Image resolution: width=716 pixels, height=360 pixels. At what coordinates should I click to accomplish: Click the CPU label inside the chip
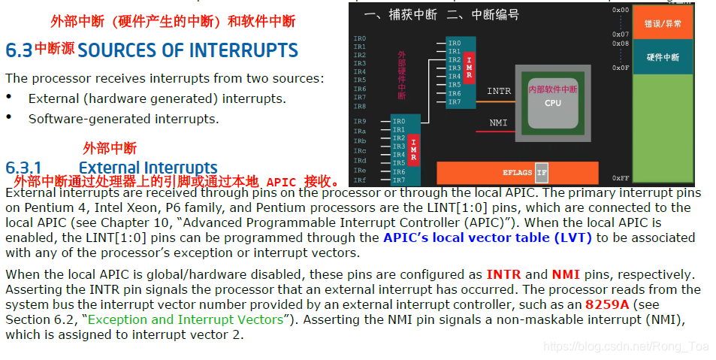(552, 103)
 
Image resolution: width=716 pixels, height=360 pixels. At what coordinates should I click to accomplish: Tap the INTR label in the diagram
(499, 91)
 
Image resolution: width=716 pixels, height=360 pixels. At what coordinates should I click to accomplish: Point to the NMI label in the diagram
(498, 123)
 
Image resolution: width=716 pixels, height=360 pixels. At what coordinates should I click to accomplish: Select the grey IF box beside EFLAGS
(542, 173)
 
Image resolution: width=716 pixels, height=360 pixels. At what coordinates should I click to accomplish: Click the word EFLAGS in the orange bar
(517, 173)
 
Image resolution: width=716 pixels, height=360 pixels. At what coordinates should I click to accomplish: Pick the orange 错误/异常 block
(663, 24)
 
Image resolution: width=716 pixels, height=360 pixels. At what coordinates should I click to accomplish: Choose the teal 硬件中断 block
(663, 57)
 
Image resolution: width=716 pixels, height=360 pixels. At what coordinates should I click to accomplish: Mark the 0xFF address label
(621, 178)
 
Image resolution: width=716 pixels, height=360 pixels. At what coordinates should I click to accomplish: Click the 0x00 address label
(621, 10)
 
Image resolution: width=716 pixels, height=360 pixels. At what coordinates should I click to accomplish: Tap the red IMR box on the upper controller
(470, 68)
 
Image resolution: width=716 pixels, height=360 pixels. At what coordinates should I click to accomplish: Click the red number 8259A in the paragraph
(608, 304)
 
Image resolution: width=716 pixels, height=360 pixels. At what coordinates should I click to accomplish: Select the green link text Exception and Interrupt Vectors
(186, 319)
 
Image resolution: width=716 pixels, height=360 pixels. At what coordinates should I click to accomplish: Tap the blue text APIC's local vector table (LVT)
(488, 237)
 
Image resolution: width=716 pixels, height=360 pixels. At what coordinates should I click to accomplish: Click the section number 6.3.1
(23, 168)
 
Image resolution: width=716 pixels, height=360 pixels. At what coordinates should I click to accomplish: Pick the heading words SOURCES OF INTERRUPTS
(188, 50)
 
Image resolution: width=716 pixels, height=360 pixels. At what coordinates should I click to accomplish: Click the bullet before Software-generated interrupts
(9, 118)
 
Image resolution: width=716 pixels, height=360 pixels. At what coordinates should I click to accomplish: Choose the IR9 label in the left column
(360, 121)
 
